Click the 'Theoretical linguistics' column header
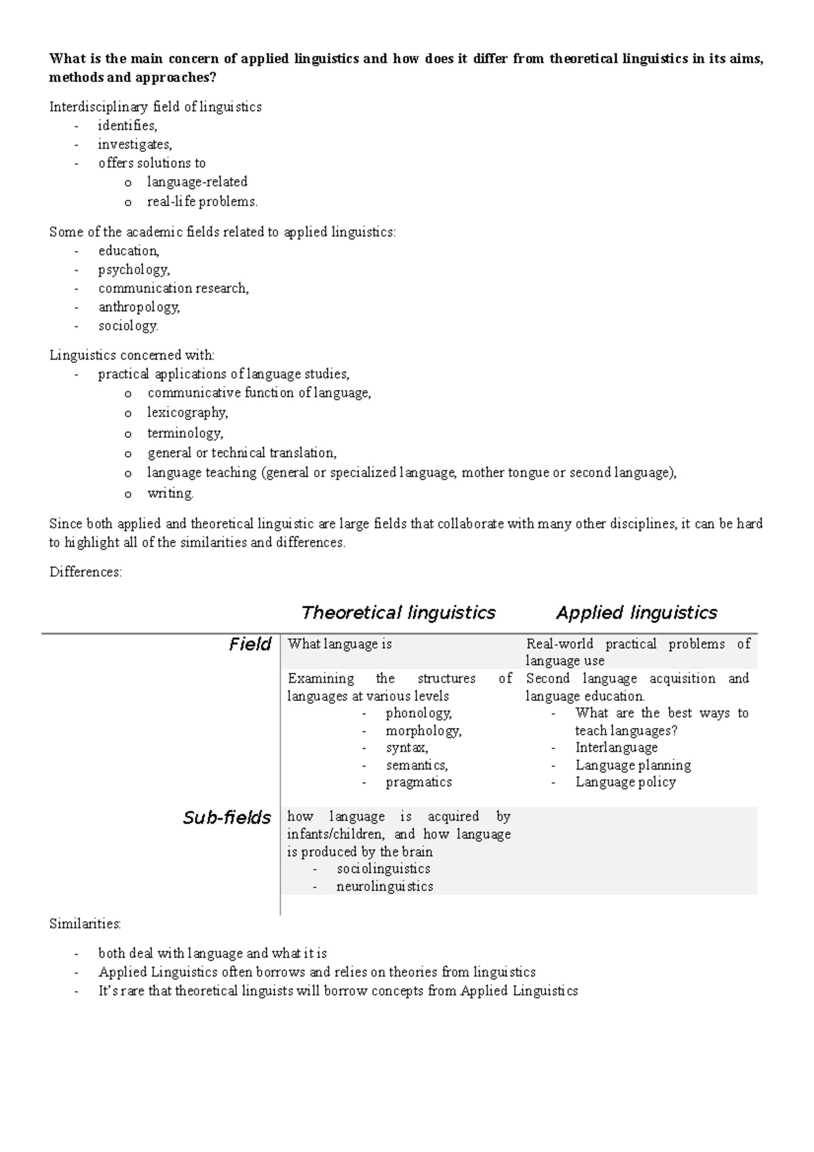coord(398,613)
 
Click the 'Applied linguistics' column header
coord(636,613)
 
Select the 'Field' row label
coord(250,644)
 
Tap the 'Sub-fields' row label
coord(227,818)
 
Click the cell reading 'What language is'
coord(340,644)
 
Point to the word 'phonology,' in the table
coord(419,713)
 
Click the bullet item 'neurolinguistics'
coord(384,886)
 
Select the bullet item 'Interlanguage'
coord(616,748)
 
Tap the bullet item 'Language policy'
coord(625,782)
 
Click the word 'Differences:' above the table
coord(85,572)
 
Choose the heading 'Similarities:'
coord(85,923)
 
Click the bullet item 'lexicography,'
coord(187,412)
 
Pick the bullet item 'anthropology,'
coord(139,307)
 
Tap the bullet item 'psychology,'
coord(134,269)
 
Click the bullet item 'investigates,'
coord(135,144)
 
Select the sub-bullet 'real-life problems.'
coord(202,201)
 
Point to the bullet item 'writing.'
coord(170,493)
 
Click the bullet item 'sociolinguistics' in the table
coord(383,868)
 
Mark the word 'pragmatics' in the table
coord(419,782)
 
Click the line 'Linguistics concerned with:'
coord(132,355)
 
